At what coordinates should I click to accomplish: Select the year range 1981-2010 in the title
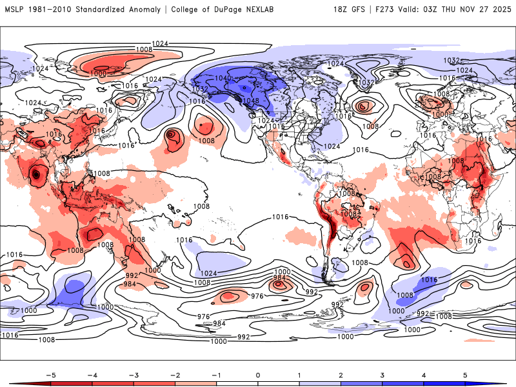tap(51, 10)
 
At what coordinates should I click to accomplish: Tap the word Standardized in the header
tap(107, 10)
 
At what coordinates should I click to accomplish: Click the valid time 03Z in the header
tap(438, 10)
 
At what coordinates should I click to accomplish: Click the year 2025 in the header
tap(502, 10)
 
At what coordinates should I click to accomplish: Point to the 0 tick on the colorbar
tap(257, 374)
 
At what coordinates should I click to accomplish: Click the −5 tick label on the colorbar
tap(48, 374)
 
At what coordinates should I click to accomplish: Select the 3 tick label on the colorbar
tap(383, 374)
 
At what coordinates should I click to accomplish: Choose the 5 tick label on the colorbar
tap(466, 374)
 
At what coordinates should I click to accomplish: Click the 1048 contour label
tap(251, 101)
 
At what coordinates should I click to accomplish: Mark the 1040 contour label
tap(223, 78)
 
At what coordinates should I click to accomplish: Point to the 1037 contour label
tap(366, 83)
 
